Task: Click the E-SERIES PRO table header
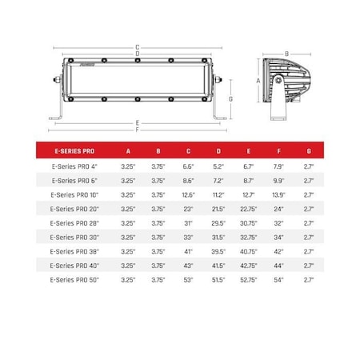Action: tap(74, 151)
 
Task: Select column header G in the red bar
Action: tap(309, 151)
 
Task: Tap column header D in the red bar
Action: tap(218, 151)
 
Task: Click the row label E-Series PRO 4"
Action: tap(74, 166)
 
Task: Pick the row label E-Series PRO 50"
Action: tap(74, 280)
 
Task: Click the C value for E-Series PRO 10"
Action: tap(189, 195)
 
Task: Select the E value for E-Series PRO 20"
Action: tap(249, 209)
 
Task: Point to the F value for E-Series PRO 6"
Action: tap(278, 181)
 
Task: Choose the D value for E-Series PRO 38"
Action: tap(218, 251)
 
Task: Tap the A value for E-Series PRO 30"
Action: tap(128, 238)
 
